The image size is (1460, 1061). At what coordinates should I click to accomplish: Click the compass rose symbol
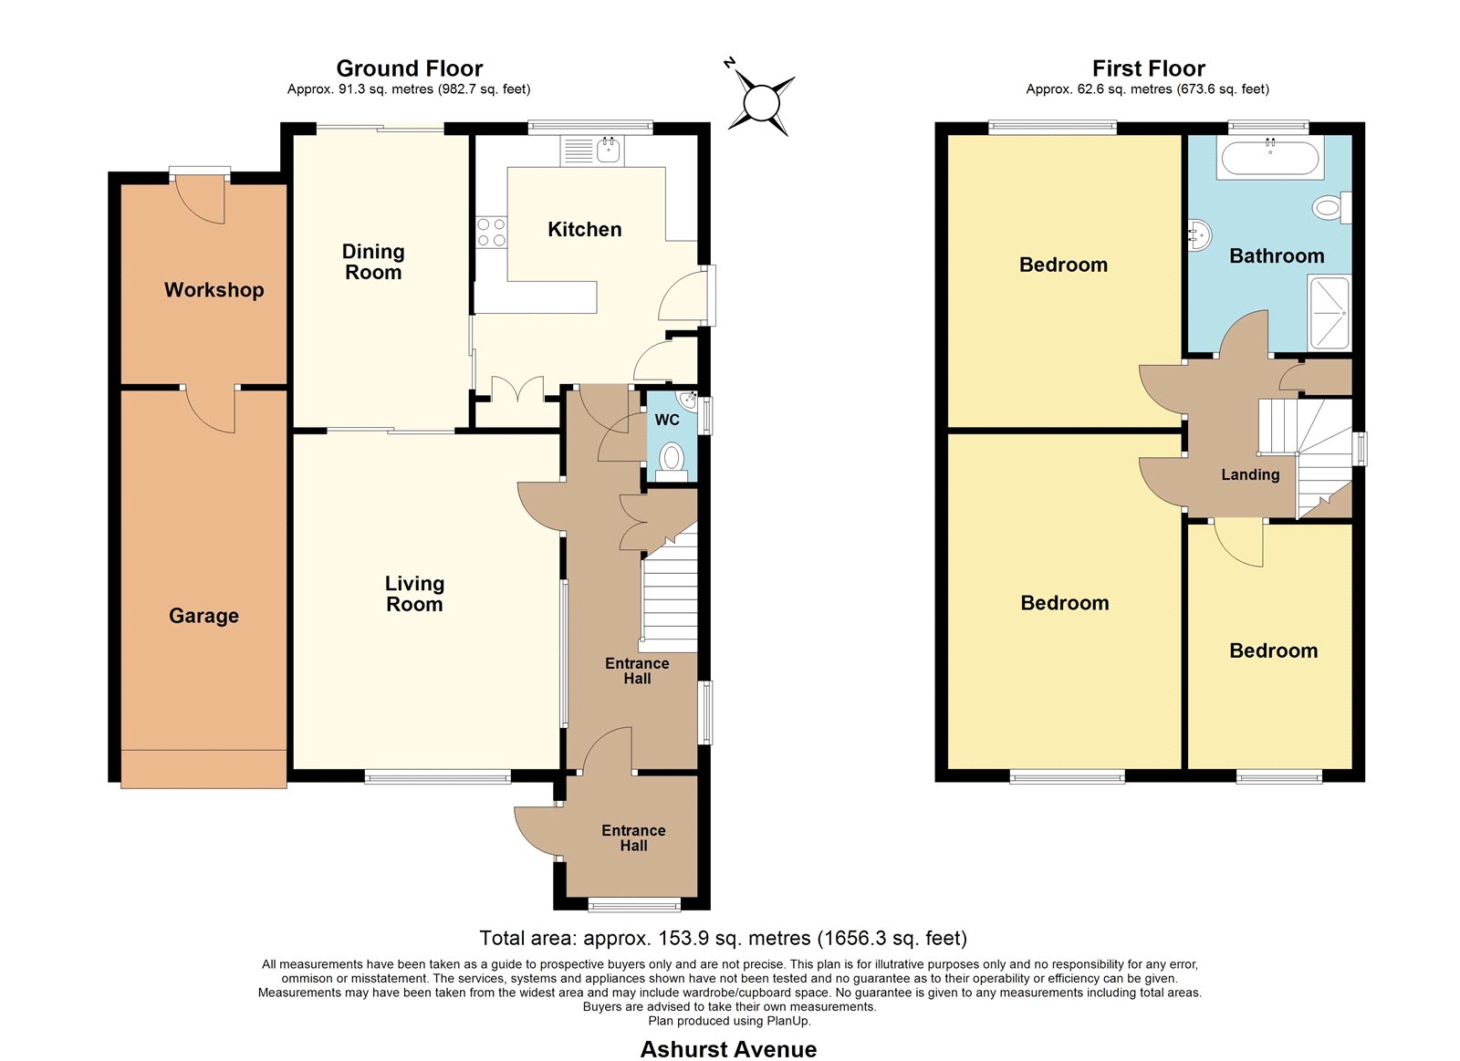tap(761, 103)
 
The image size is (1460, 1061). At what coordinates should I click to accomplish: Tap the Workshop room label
tap(214, 290)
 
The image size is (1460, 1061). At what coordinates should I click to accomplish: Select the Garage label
tap(203, 616)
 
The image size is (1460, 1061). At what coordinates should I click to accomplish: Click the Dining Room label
tap(373, 262)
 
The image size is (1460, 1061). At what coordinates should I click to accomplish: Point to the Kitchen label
tap(584, 229)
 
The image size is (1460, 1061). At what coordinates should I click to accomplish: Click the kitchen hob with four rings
tap(491, 232)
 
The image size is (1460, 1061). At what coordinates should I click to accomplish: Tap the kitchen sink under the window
tap(592, 150)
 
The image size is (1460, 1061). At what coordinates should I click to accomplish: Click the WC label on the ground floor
tap(667, 420)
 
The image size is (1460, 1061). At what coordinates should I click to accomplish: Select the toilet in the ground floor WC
tap(672, 462)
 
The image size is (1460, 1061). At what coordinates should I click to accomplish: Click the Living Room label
tap(414, 594)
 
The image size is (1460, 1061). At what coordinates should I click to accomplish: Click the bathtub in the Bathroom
tap(1269, 158)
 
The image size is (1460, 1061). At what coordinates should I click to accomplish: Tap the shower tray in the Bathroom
tap(1329, 314)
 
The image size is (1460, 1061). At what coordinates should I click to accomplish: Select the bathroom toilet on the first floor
tap(1331, 208)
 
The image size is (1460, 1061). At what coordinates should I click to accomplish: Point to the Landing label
tap(1250, 474)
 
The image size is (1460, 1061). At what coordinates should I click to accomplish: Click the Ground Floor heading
tap(410, 68)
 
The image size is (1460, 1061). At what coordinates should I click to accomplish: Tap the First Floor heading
tap(1149, 68)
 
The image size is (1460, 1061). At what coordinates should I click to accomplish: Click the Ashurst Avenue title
tap(728, 1049)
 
